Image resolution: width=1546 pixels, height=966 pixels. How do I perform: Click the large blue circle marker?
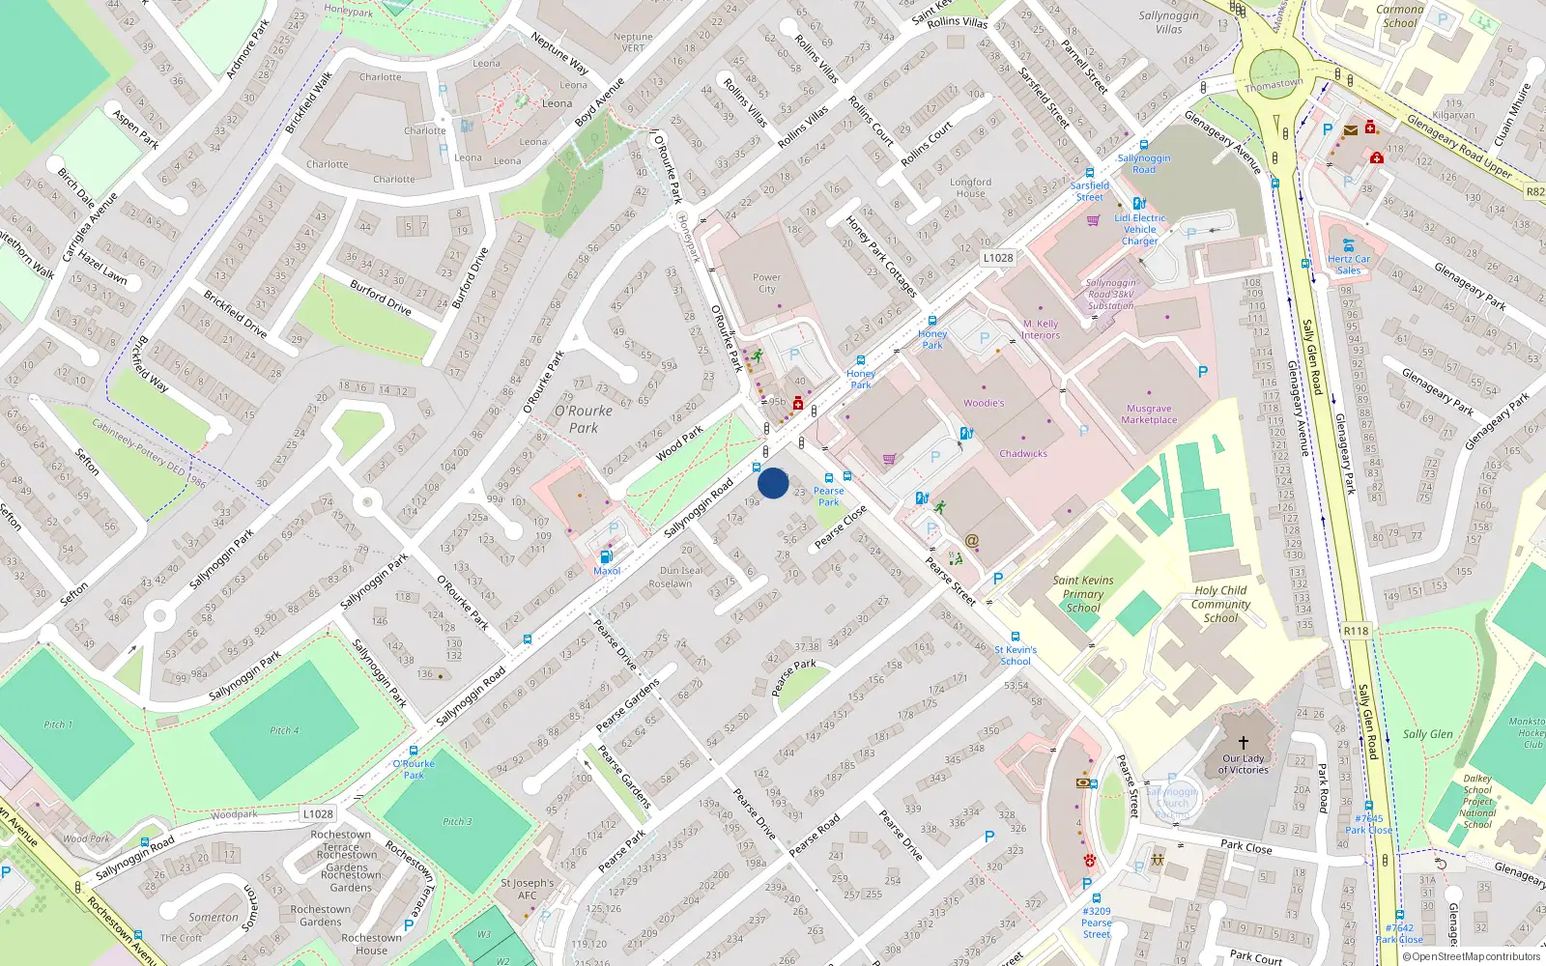tap(773, 483)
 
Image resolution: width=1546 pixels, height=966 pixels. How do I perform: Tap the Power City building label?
tap(766, 283)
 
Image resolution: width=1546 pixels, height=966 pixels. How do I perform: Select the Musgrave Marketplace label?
tap(1149, 414)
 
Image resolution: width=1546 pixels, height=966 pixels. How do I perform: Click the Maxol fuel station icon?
tap(606, 556)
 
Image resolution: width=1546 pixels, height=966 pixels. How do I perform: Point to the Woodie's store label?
tap(984, 403)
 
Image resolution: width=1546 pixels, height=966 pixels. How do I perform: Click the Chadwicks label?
tap(1023, 453)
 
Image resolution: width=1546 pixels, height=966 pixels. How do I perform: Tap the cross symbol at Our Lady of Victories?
tap(1244, 743)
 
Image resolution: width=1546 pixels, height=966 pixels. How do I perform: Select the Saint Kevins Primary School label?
tap(1083, 594)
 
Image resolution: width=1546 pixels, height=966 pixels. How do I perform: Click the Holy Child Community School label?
tap(1220, 604)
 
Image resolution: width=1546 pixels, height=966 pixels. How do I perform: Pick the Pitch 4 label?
tap(284, 730)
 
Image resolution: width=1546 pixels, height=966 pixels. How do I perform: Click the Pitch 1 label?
tap(57, 724)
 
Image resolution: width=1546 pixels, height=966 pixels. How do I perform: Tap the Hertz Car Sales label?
tap(1349, 265)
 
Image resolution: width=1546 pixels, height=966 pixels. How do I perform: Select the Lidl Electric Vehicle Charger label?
tap(1140, 229)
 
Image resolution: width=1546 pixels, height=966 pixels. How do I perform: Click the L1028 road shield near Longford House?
tap(998, 258)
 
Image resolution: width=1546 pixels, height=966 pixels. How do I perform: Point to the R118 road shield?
tap(1356, 631)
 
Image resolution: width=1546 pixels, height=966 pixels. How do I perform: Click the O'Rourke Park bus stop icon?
tap(414, 751)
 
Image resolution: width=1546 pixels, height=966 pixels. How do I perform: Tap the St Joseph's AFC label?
tap(528, 889)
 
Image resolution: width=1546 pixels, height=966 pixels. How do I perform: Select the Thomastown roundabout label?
tap(1274, 85)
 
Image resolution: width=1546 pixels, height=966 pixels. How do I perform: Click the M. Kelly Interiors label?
tap(1041, 329)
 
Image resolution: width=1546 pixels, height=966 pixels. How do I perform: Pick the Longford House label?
tap(970, 187)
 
